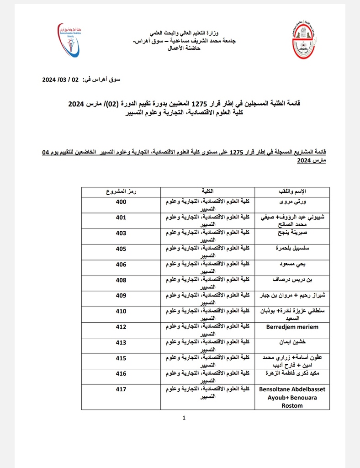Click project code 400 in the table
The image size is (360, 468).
(121, 201)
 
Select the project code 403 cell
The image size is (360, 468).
(121, 233)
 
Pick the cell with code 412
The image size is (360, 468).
(121, 327)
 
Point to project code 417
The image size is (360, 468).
(121, 389)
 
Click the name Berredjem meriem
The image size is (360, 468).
(292, 327)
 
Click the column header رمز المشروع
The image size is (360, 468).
(121, 191)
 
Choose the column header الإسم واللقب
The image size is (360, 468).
(292, 191)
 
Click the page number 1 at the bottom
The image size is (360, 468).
(184, 418)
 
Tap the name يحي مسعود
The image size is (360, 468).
(292, 264)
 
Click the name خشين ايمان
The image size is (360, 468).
(292, 342)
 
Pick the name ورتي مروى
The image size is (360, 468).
(292, 201)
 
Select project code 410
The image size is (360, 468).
(121, 311)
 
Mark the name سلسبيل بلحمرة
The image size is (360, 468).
(292, 249)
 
